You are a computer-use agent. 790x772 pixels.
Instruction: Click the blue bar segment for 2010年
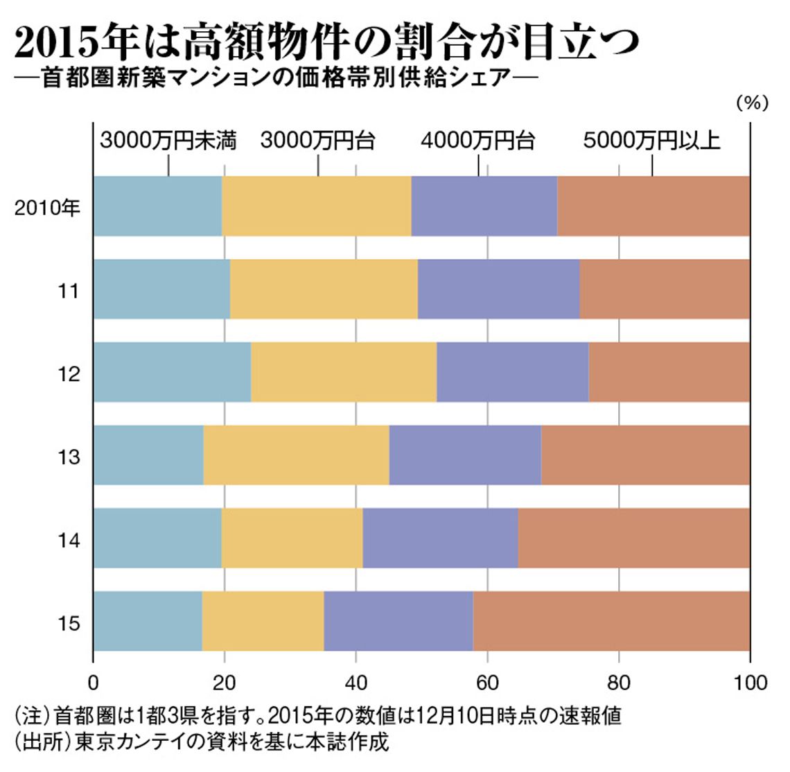click(157, 206)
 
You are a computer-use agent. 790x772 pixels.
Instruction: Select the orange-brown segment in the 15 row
click(611, 621)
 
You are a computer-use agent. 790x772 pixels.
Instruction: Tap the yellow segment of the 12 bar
click(344, 372)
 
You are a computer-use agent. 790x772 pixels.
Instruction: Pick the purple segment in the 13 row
click(465, 455)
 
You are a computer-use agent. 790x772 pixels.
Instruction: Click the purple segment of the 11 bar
click(498, 289)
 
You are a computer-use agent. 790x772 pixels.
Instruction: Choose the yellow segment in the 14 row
click(292, 538)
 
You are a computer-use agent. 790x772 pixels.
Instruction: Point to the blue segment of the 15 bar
click(148, 621)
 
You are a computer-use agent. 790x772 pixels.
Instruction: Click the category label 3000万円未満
click(168, 141)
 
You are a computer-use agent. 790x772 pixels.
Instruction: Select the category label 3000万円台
click(318, 141)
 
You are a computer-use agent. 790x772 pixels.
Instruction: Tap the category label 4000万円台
click(478, 141)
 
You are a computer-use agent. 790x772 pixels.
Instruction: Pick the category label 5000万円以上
click(651, 141)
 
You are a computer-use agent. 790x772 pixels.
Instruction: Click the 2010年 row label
click(48, 207)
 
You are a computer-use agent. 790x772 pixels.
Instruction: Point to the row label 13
click(69, 457)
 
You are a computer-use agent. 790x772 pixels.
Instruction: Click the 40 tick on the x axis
click(355, 683)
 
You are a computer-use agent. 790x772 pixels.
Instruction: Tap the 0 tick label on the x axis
click(94, 683)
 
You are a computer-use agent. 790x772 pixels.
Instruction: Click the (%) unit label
click(751, 103)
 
